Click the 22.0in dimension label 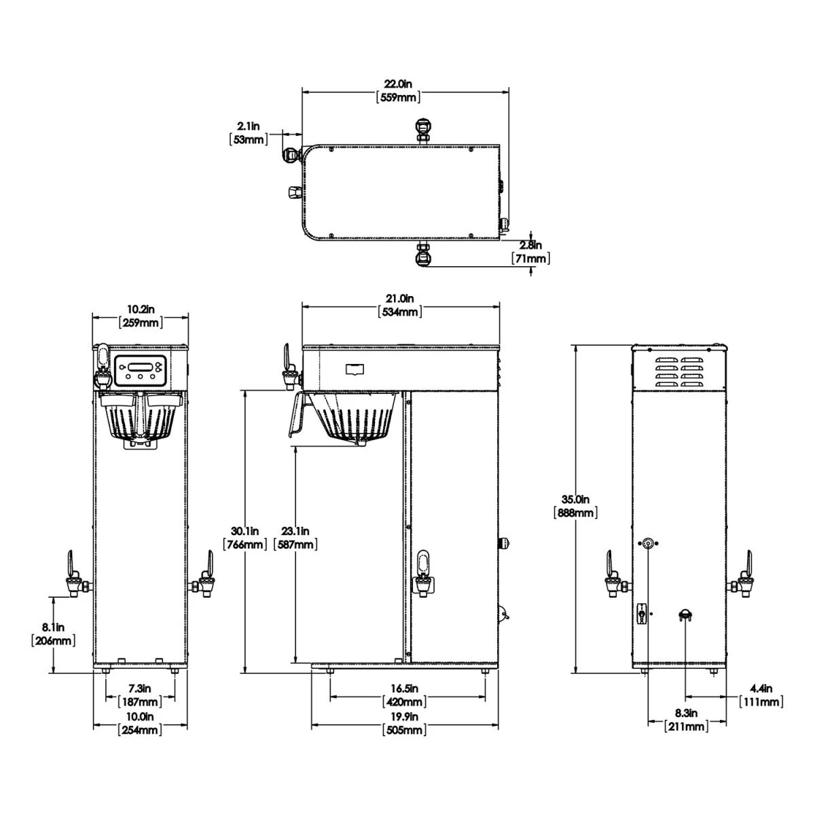coord(398,84)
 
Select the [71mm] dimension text coord(530,259)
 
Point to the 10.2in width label coord(141,310)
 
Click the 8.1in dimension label coord(53,627)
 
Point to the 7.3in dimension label coord(141,689)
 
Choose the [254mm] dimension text coord(141,730)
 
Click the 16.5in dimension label coord(407,689)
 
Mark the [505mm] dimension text coord(405,730)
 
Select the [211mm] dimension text coord(687,727)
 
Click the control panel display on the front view coord(139,369)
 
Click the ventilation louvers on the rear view coord(681,373)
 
